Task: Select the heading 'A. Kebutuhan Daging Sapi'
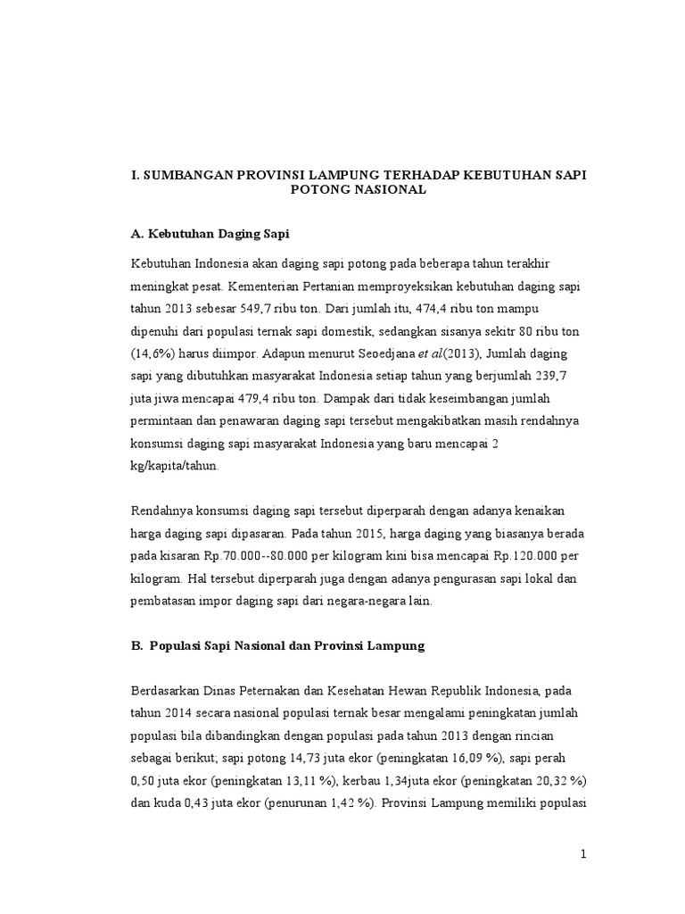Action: (210, 233)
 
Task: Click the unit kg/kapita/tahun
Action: (174, 466)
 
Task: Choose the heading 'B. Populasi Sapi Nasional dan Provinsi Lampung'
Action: (277, 646)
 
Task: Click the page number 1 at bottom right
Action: (583, 854)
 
